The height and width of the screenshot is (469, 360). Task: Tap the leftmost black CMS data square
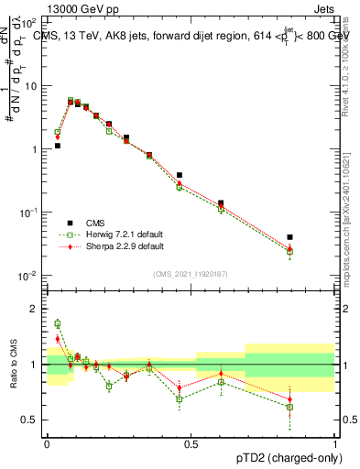(57, 146)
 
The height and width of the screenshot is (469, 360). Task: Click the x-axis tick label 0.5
(191, 442)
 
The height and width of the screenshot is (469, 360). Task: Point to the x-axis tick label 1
(335, 442)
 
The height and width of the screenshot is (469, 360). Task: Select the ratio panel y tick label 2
(36, 309)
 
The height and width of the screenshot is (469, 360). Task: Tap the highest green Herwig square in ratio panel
(57, 323)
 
